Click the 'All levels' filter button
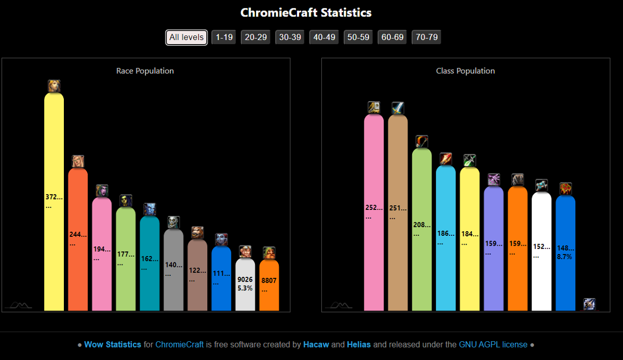(x=186, y=37)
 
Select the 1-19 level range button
(x=224, y=37)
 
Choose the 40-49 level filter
(x=324, y=37)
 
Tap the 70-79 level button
(x=426, y=37)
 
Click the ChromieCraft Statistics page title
(x=306, y=12)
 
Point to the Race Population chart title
(x=145, y=71)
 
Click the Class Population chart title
(x=465, y=71)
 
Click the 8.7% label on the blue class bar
(x=564, y=257)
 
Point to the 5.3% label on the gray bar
(x=245, y=288)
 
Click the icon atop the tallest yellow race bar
(x=54, y=86)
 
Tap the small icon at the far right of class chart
(x=589, y=304)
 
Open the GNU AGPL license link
(x=493, y=344)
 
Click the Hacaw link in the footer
(x=316, y=344)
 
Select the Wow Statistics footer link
(x=113, y=344)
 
